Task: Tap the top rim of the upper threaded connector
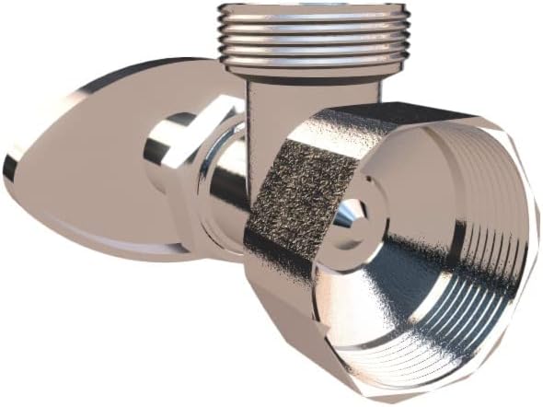pos(313,7)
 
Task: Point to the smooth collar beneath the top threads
pos(313,67)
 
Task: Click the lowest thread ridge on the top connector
pos(313,57)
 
